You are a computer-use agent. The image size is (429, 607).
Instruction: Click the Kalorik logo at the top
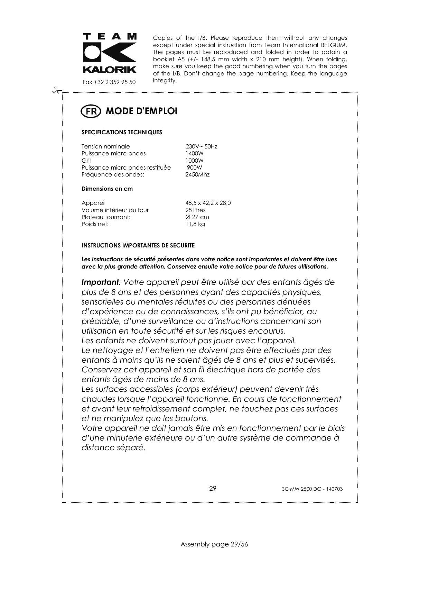pyautogui.click(x=110, y=53)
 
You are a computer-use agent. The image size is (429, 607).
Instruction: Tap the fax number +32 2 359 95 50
pyautogui.click(x=109, y=82)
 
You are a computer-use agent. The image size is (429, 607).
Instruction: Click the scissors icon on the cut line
pyautogui.click(x=56, y=91)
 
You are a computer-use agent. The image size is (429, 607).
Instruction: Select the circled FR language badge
pyautogui.click(x=91, y=111)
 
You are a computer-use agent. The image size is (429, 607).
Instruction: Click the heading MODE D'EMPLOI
pyautogui.click(x=141, y=111)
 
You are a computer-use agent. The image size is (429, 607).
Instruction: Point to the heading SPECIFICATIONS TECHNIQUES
pyautogui.click(x=122, y=132)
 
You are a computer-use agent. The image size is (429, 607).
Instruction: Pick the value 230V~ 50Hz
pyautogui.click(x=201, y=146)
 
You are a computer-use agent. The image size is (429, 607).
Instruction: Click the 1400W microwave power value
pyautogui.click(x=194, y=153)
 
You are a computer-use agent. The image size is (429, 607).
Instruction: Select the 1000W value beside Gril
pyautogui.click(x=194, y=161)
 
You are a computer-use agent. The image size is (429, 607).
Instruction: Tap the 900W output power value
pyautogui.click(x=194, y=167)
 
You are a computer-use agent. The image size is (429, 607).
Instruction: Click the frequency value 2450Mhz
pyautogui.click(x=197, y=174)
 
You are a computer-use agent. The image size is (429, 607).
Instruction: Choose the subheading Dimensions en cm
pyautogui.click(x=107, y=189)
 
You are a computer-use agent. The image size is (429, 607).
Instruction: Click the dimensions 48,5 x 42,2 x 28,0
pyautogui.click(x=208, y=203)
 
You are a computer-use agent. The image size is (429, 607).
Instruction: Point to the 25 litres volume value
pyautogui.click(x=195, y=210)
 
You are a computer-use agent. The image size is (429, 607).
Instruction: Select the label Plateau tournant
pyautogui.click(x=106, y=217)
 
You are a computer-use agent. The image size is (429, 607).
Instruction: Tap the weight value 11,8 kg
pyautogui.click(x=195, y=224)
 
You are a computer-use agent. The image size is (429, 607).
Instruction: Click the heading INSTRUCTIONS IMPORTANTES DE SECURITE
pyautogui.click(x=138, y=245)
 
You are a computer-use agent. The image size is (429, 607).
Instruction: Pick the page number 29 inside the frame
pyautogui.click(x=213, y=488)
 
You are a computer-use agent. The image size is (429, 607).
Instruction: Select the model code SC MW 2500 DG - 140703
pyautogui.click(x=312, y=489)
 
